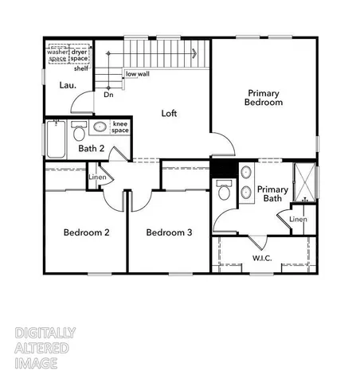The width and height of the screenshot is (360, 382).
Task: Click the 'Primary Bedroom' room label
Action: click(x=264, y=97)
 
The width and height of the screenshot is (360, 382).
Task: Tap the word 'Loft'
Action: click(x=169, y=113)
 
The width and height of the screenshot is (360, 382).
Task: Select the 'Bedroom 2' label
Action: click(x=86, y=232)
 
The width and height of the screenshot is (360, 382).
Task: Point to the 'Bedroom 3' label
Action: click(x=170, y=232)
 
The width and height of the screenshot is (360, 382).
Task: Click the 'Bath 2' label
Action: click(x=92, y=148)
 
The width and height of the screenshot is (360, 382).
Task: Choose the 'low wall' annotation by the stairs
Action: click(x=136, y=74)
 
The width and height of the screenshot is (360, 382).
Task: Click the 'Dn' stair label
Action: click(x=108, y=94)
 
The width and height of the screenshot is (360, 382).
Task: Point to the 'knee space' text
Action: click(x=121, y=127)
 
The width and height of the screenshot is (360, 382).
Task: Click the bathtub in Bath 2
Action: click(x=56, y=138)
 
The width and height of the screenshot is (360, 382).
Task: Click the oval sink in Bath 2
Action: click(x=101, y=127)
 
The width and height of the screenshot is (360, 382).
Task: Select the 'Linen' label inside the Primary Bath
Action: click(x=298, y=219)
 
